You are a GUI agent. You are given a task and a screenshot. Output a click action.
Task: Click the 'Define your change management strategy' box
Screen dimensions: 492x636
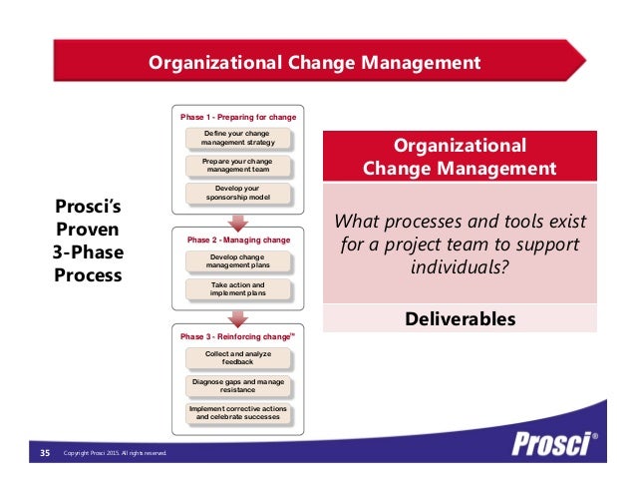tap(238, 137)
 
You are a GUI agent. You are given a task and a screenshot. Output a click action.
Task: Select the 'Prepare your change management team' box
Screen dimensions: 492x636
tap(238, 165)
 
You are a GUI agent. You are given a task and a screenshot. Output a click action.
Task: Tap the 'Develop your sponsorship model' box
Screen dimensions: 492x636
tap(238, 193)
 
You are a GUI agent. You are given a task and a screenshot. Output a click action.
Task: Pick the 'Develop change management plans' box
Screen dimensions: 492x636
tap(238, 262)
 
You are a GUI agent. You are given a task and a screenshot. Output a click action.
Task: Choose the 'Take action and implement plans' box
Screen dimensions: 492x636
tap(238, 289)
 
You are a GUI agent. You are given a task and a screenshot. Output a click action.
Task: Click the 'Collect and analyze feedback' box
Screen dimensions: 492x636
tap(238, 358)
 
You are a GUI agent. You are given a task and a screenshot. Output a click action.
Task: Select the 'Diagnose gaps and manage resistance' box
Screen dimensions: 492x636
tap(238, 385)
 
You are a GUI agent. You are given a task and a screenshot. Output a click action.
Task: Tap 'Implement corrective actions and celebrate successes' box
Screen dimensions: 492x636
tap(238, 412)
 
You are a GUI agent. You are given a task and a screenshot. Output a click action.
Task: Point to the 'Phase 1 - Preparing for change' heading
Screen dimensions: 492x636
tap(238, 117)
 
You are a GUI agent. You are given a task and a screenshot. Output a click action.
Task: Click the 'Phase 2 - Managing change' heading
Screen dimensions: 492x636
tap(239, 241)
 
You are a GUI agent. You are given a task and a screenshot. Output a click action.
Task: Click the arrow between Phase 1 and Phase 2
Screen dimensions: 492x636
tap(238, 221)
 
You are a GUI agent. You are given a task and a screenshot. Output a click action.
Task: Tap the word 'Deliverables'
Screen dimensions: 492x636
tap(460, 319)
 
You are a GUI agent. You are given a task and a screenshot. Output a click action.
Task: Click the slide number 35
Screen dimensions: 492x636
tap(45, 454)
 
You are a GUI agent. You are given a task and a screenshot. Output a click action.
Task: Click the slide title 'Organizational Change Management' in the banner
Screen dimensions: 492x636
tap(314, 64)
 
